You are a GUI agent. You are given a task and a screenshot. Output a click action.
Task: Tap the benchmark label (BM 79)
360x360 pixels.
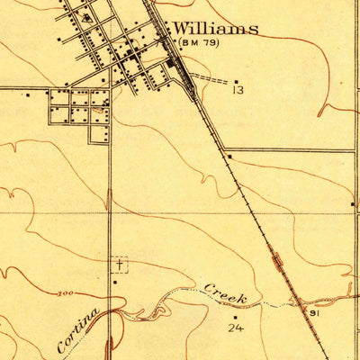pos(199,42)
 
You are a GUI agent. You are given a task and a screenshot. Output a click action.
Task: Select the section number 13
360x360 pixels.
pos(238,90)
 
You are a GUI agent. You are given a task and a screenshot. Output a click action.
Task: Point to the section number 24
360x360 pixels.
pos(236,329)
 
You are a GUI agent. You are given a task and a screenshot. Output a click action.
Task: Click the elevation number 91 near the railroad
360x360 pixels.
pos(314,313)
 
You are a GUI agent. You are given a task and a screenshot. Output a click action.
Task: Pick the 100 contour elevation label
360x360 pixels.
pos(65,293)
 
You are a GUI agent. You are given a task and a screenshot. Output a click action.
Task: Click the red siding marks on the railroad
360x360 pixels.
pos(277,260)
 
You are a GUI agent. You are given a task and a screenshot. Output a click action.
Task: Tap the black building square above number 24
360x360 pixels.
pos(236,315)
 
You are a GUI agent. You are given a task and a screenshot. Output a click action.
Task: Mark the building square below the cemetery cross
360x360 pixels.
pos(116,282)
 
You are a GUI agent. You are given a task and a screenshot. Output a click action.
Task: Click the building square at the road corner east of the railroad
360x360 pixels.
pos(229,157)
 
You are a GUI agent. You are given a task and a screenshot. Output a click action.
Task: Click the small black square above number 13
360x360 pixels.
pos(236,82)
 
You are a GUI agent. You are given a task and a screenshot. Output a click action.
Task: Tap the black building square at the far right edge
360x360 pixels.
pos(352,205)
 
